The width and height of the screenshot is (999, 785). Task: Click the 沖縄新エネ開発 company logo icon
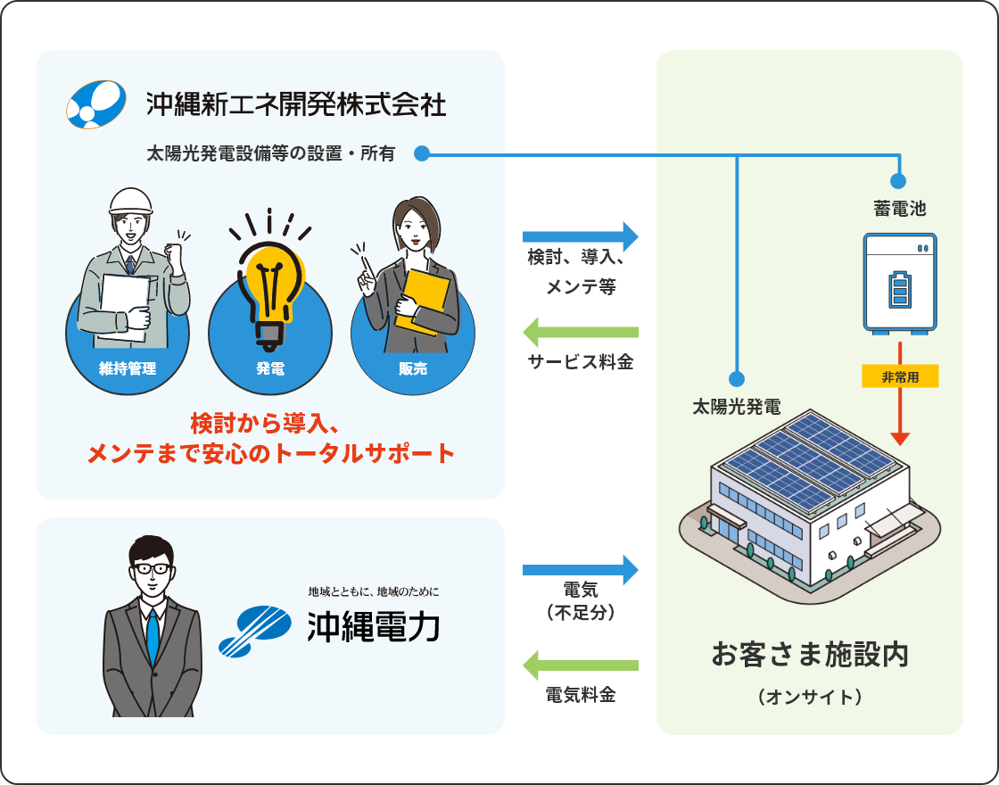coord(95,105)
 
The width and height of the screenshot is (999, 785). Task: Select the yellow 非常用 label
coord(901,377)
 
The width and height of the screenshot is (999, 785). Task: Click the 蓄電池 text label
coord(900,210)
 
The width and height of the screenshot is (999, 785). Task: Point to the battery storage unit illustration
coord(900,284)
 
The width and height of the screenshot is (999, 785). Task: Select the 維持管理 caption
coord(128,368)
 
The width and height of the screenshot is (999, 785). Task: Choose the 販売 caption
coord(412,368)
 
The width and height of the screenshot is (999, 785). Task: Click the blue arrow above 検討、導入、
coord(581,236)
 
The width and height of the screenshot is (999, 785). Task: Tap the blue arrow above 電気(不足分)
coord(581,569)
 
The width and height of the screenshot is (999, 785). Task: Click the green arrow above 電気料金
coord(581,665)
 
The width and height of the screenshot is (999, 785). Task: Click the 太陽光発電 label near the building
coord(737,408)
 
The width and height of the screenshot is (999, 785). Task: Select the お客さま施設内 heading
coord(810,654)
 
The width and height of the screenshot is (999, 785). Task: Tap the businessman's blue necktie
coord(153,635)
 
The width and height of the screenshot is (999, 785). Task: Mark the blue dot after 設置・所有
coord(423,154)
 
